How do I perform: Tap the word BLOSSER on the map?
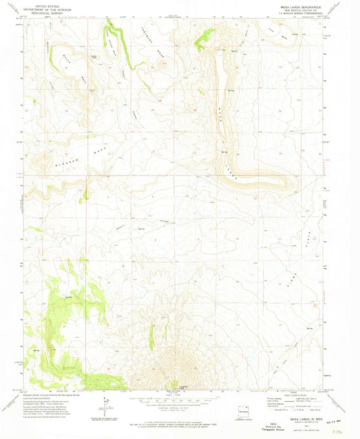(x=55, y=164)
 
